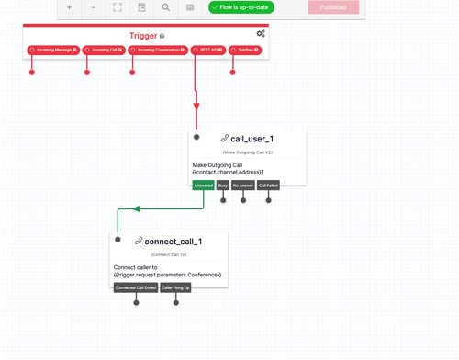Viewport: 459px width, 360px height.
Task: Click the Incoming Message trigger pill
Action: click(52, 50)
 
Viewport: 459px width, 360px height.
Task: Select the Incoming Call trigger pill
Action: click(105, 50)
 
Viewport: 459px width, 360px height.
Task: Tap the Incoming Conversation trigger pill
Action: click(159, 50)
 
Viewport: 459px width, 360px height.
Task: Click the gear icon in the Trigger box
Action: click(261, 34)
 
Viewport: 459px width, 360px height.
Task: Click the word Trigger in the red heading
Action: click(143, 36)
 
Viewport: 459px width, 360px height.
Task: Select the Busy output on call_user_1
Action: click(223, 185)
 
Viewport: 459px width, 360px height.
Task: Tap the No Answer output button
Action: click(242, 185)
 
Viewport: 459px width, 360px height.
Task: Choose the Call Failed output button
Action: click(268, 185)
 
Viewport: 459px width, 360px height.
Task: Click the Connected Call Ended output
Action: click(134, 287)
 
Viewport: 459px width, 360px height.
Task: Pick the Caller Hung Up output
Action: click(175, 287)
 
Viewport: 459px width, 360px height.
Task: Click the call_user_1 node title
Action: click(252, 139)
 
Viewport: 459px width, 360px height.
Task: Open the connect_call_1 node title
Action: click(173, 242)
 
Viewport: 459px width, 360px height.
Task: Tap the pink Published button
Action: click(333, 7)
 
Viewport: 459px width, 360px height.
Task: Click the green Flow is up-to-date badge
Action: click(241, 7)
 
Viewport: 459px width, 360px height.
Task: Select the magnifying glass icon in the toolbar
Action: click(165, 7)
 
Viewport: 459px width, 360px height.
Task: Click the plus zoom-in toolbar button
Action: click(70, 7)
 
